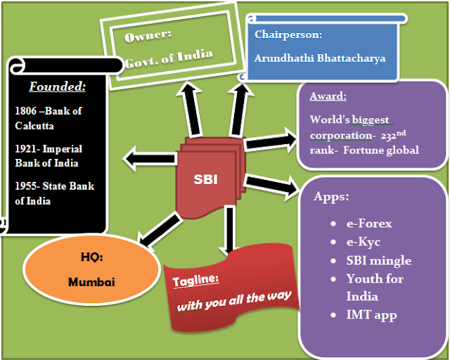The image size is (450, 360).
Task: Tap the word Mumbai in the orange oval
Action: pyautogui.click(x=90, y=282)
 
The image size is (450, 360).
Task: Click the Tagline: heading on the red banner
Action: pyautogui.click(x=196, y=278)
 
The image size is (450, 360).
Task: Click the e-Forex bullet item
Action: pyautogui.click(x=368, y=224)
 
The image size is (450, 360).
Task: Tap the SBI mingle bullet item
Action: pyautogui.click(x=378, y=260)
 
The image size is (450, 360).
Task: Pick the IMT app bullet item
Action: pyautogui.click(x=371, y=315)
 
